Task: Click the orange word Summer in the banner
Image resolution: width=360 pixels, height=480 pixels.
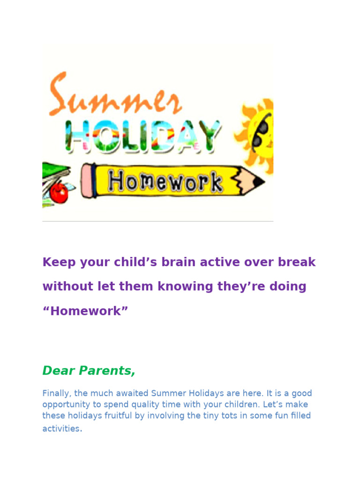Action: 115,96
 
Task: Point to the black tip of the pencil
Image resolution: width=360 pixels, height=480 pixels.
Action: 259,182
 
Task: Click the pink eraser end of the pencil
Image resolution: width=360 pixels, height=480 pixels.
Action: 87,181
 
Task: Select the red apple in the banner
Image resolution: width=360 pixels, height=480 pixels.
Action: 59,192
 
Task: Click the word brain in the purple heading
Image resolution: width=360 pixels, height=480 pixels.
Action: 180,262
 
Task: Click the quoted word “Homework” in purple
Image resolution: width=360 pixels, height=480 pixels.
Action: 85,311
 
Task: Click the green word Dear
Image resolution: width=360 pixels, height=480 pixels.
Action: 58,371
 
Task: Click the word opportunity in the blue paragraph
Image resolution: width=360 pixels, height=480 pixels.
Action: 66,405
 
